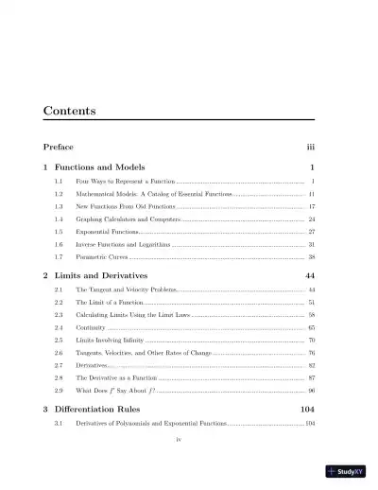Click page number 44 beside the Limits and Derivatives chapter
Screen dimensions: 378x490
tap(308, 275)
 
